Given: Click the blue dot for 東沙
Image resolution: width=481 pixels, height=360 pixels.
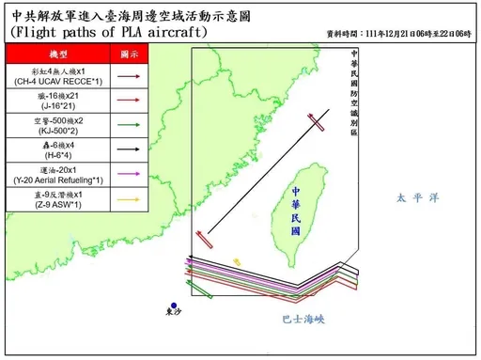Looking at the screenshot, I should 173,302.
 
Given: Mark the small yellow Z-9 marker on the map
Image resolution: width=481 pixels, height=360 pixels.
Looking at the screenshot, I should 238,260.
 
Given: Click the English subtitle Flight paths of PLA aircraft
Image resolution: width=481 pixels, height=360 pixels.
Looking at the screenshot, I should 110,31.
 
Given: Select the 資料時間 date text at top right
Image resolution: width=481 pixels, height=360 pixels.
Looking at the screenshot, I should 396,33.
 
